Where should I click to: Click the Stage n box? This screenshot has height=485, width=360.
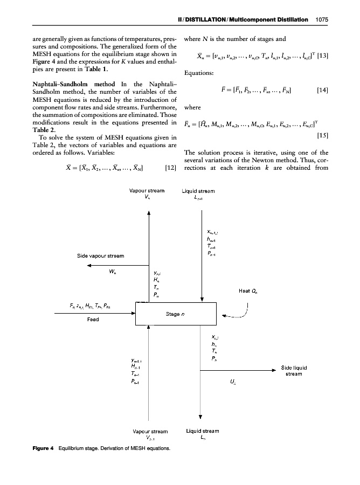pyautogui.click(x=175, y=315)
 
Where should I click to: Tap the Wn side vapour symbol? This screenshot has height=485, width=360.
pyautogui.click(x=113, y=271)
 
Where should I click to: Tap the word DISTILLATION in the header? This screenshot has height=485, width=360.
pyautogui.click(x=214, y=19)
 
